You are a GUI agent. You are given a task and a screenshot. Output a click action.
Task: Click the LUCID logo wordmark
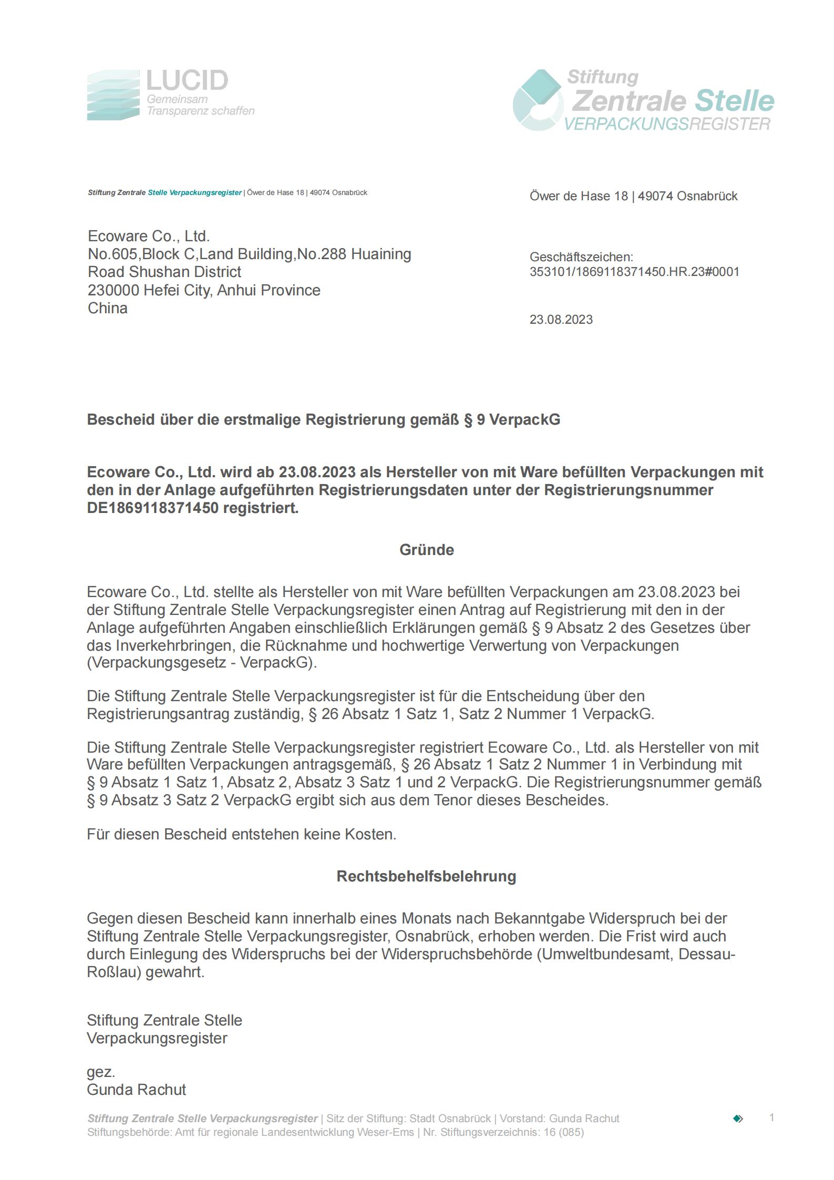click(x=187, y=80)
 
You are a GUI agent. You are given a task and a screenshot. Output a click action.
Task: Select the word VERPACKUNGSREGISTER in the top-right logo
click(x=667, y=125)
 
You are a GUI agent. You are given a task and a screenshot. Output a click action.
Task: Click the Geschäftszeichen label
click(x=581, y=257)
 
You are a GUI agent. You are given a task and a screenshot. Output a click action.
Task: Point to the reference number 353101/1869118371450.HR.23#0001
click(x=634, y=272)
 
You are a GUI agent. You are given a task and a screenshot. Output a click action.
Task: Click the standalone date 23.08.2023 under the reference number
click(x=561, y=320)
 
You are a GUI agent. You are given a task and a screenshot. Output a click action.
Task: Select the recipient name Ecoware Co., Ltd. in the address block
click(x=149, y=236)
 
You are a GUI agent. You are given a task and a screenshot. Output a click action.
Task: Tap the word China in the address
click(x=108, y=308)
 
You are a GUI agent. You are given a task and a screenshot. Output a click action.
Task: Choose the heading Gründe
click(x=427, y=550)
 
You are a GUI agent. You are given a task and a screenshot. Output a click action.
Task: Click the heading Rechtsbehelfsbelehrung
click(x=426, y=876)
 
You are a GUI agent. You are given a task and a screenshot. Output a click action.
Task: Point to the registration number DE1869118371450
click(x=152, y=508)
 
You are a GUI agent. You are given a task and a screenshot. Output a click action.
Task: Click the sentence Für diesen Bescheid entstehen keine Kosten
click(x=241, y=834)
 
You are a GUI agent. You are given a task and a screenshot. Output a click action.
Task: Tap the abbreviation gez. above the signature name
click(x=100, y=1072)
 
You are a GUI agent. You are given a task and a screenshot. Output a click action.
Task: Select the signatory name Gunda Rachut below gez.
click(x=136, y=1090)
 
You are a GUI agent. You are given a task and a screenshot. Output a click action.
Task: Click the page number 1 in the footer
click(x=771, y=1117)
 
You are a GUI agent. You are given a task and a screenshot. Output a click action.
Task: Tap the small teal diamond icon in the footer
click(x=738, y=1119)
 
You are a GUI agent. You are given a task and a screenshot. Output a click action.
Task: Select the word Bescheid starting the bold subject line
click(x=120, y=419)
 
